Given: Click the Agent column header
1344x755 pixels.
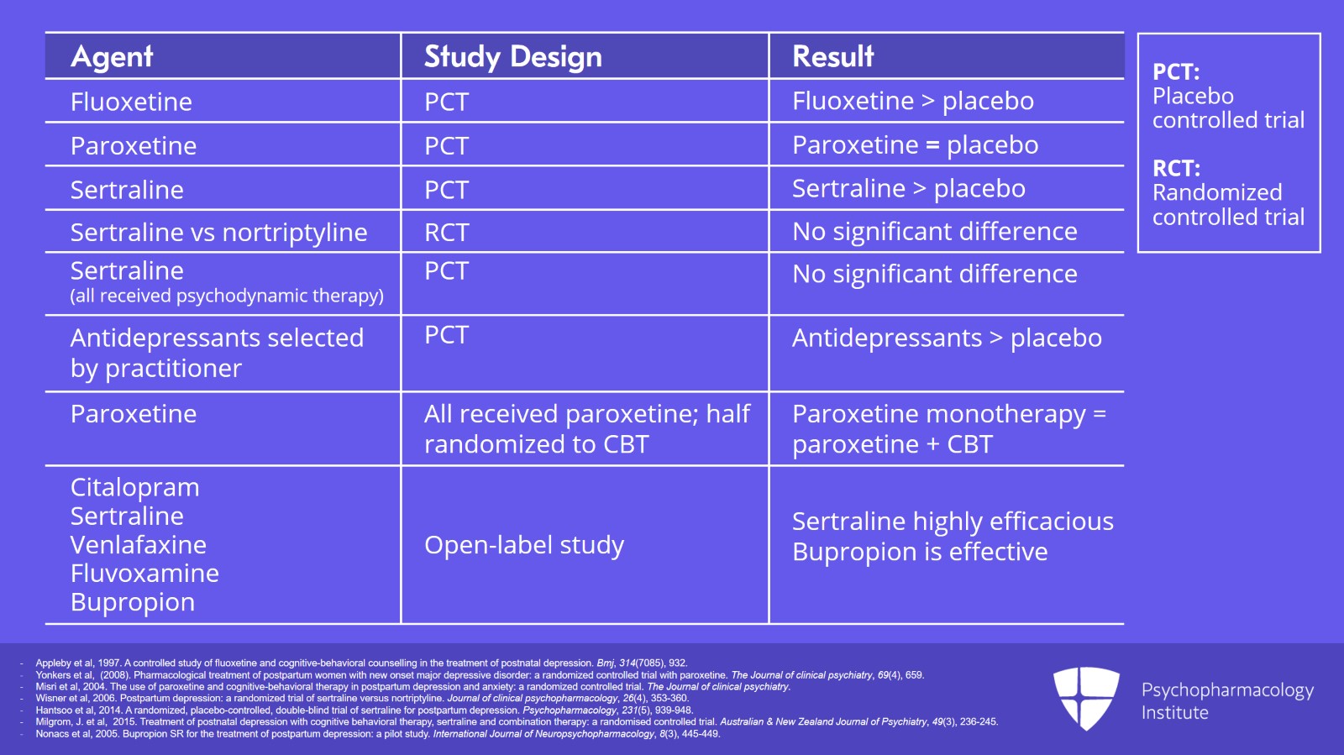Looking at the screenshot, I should [x=112, y=56].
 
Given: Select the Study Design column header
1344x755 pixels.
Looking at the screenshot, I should [x=512, y=56].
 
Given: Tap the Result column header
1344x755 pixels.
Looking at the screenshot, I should [x=832, y=56].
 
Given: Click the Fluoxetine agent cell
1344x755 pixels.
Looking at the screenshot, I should [x=131, y=102].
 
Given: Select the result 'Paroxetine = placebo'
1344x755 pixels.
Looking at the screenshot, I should [x=915, y=145].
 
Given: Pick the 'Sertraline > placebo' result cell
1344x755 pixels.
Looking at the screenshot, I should [x=908, y=189].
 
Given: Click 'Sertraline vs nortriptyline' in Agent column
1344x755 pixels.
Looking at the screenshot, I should [x=218, y=232].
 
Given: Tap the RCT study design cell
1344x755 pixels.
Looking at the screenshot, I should [x=446, y=232].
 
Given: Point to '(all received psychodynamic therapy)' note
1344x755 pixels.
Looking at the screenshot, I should [x=227, y=296].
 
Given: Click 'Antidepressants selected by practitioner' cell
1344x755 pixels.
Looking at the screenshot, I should [x=217, y=353].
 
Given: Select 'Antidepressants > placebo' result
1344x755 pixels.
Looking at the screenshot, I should [x=947, y=338].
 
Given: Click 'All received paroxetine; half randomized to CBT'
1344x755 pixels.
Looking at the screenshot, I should [x=586, y=428].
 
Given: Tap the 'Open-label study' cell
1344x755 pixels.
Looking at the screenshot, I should [x=524, y=545].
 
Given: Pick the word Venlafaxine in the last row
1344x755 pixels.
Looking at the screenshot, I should [x=139, y=544].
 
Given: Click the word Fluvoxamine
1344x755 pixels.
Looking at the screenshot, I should [x=144, y=573].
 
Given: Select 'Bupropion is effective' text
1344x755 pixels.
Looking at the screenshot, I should [x=920, y=552].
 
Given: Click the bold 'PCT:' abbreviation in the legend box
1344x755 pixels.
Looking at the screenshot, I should [x=1175, y=71].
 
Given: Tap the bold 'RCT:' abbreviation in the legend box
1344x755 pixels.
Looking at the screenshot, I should [x=1176, y=168].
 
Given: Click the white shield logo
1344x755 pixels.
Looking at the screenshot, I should [x=1086, y=698].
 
